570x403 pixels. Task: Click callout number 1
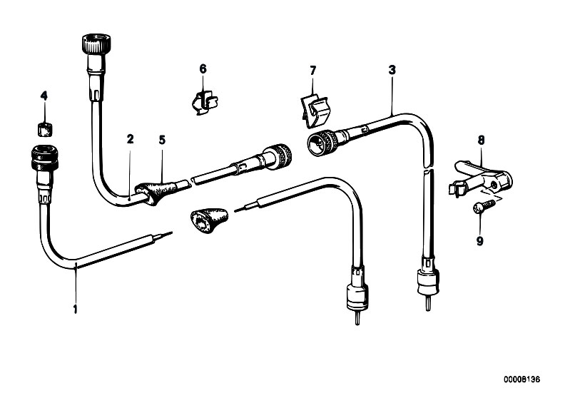tap(75, 309)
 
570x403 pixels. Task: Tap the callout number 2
tap(130, 139)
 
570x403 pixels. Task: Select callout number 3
tap(392, 70)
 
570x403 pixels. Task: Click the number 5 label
tap(162, 140)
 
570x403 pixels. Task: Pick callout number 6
tap(203, 68)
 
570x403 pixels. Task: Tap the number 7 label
tap(313, 71)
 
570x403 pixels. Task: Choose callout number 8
tap(481, 141)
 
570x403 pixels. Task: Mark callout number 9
tap(480, 240)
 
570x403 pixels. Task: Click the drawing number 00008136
tap(521, 379)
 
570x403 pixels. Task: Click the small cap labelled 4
tap(45, 130)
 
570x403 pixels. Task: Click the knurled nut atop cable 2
tap(96, 43)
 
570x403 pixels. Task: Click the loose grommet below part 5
tap(208, 219)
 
